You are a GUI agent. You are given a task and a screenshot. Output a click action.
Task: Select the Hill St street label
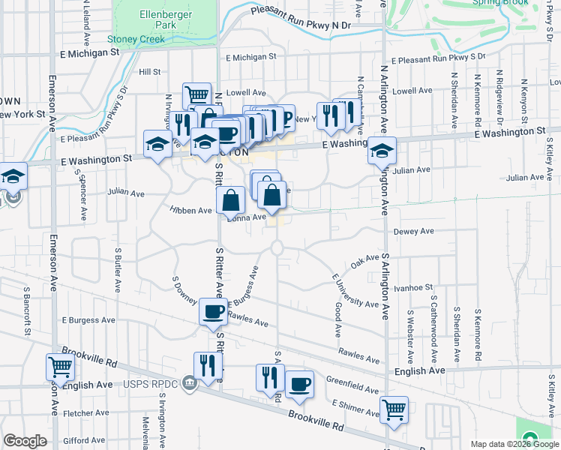click(150, 72)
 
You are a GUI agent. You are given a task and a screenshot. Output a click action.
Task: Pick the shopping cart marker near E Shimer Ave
click(394, 410)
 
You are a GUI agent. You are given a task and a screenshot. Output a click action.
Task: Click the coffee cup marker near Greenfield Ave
click(299, 384)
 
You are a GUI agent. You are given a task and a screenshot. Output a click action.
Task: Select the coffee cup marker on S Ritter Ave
click(213, 310)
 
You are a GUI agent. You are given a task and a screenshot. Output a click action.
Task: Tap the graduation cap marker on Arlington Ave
click(382, 150)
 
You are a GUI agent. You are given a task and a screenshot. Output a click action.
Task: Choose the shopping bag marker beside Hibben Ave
click(231, 200)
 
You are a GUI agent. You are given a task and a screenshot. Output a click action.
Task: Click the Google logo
click(25, 441)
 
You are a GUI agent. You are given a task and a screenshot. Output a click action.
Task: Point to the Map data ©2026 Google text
click(514, 444)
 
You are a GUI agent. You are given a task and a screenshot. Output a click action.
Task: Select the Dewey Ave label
click(414, 232)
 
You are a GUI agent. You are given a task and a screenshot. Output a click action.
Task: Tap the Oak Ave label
click(366, 262)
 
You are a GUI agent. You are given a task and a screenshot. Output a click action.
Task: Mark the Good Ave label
click(338, 319)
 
